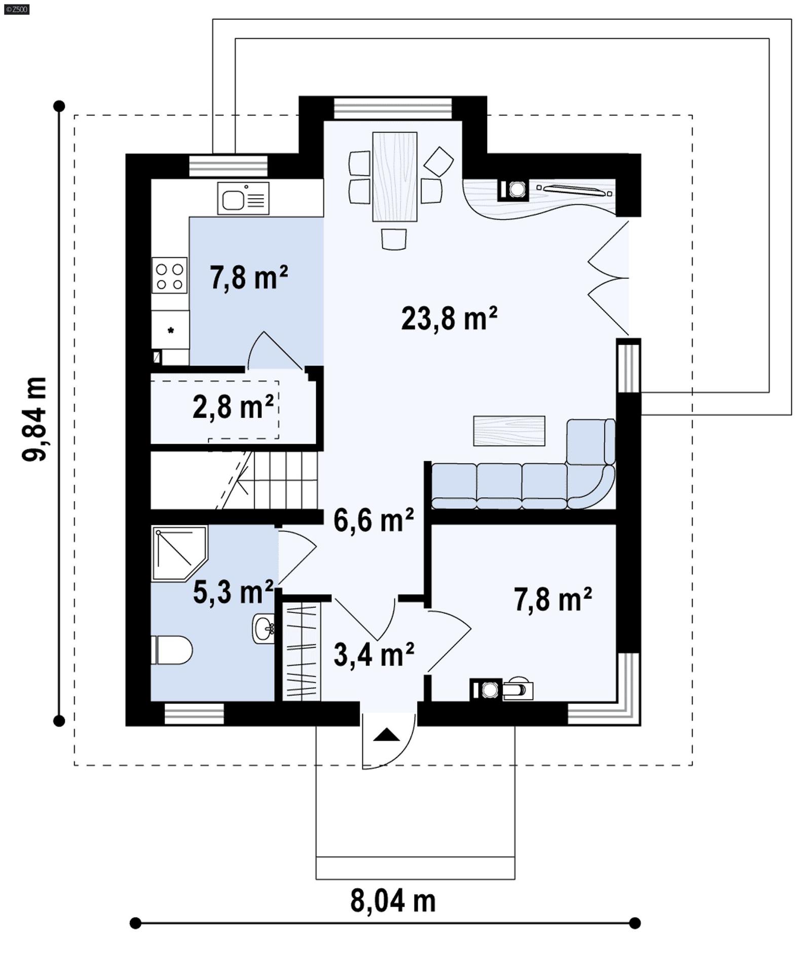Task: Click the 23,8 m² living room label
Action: point(449,319)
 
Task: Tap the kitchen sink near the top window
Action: point(243,198)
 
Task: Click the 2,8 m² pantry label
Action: point(233,406)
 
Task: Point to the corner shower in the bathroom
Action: point(177,553)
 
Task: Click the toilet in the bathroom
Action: point(171,650)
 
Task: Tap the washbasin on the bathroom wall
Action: point(264,629)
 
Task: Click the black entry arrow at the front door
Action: point(387,735)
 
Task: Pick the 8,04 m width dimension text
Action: point(393,901)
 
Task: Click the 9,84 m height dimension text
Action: point(35,418)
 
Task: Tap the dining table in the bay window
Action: point(394,176)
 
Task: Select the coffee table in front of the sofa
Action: point(509,431)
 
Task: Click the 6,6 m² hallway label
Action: point(374,520)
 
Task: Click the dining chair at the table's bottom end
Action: point(394,239)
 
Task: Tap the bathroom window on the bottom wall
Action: point(194,713)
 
